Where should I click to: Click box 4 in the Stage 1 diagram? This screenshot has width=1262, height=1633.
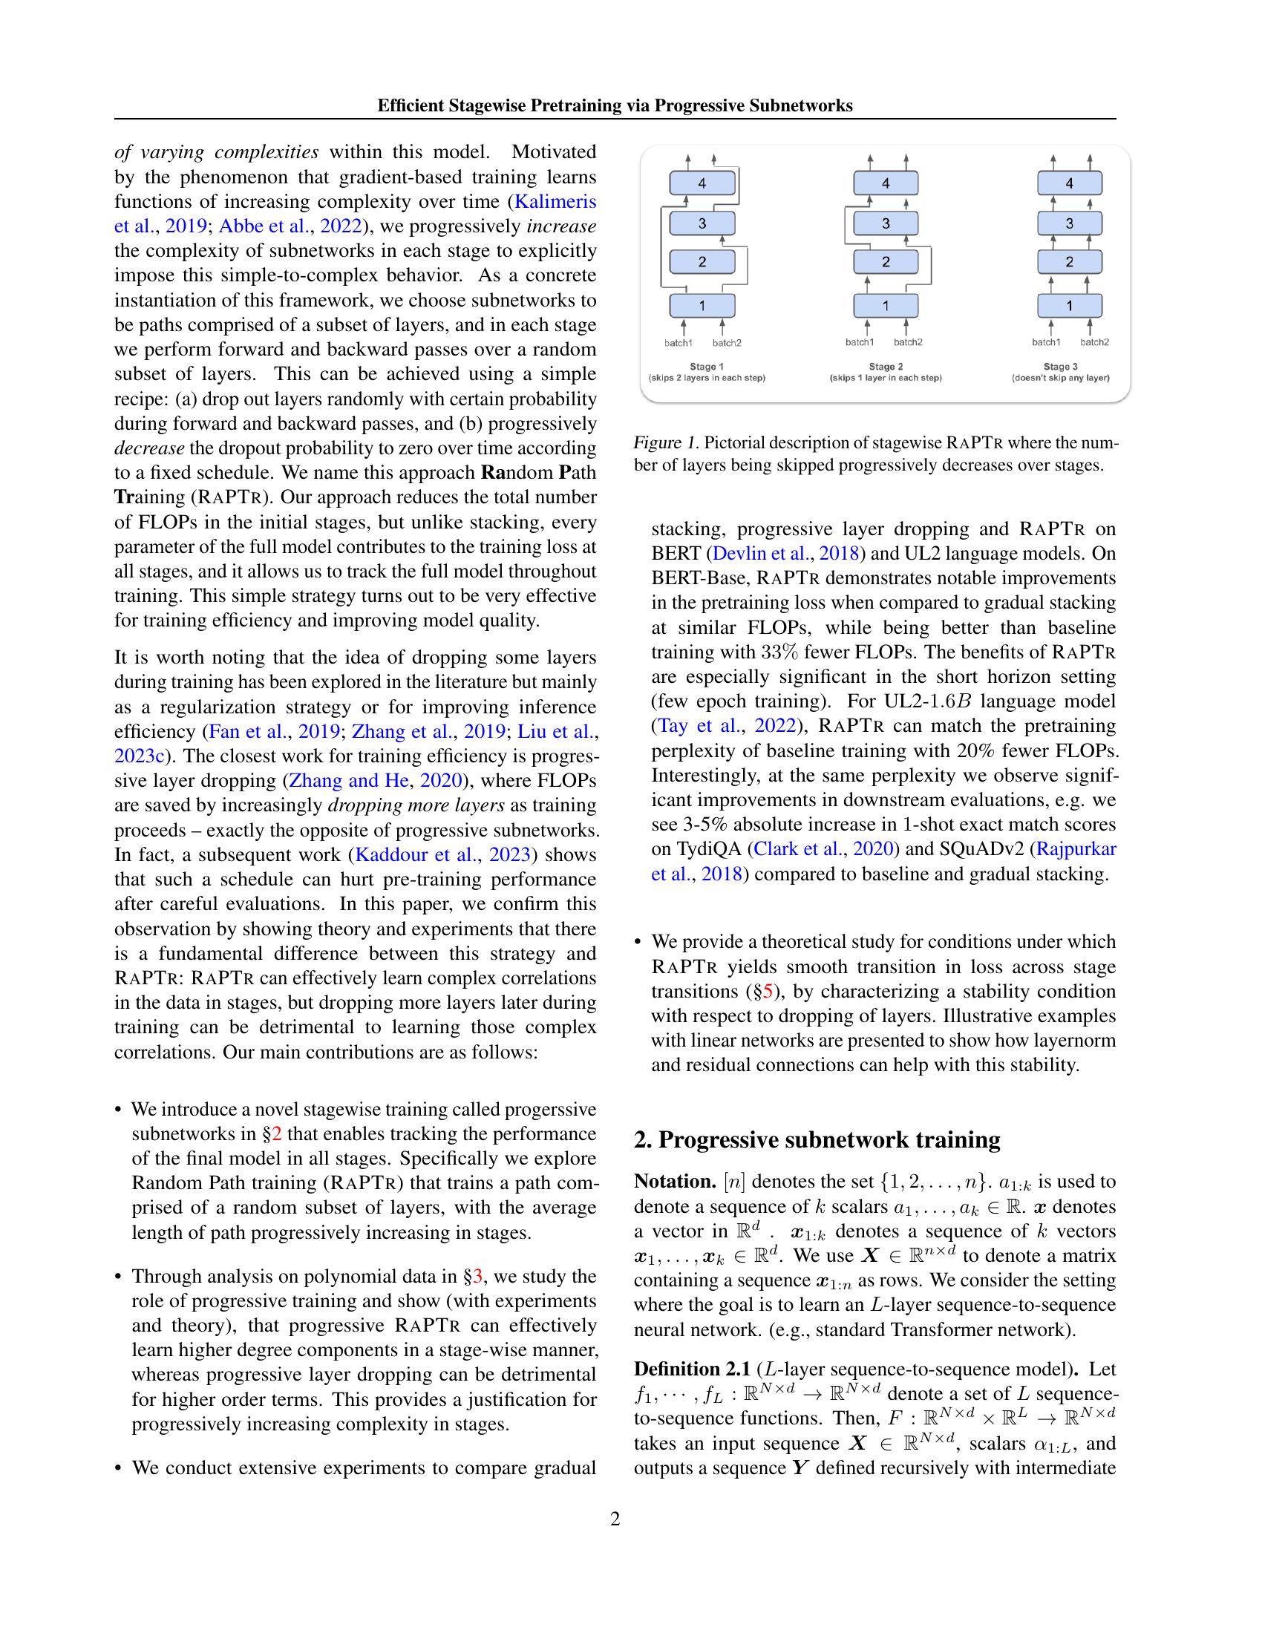click(x=702, y=183)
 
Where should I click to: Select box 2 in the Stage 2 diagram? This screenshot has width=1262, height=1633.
click(x=885, y=262)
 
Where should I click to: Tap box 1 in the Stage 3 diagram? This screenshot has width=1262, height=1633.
click(x=1069, y=305)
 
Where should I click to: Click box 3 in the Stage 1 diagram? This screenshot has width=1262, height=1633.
click(x=702, y=223)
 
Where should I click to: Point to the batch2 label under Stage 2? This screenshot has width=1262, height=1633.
click(x=908, y=342)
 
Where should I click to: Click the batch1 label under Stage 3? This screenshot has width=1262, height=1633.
click(x=1046, y=342)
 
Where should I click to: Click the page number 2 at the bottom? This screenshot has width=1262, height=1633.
click(x=615, y=1519)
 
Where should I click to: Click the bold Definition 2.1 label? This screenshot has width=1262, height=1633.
click(x=692, y=1369)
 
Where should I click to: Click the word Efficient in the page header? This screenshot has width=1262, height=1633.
click(x=410, y=105)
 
